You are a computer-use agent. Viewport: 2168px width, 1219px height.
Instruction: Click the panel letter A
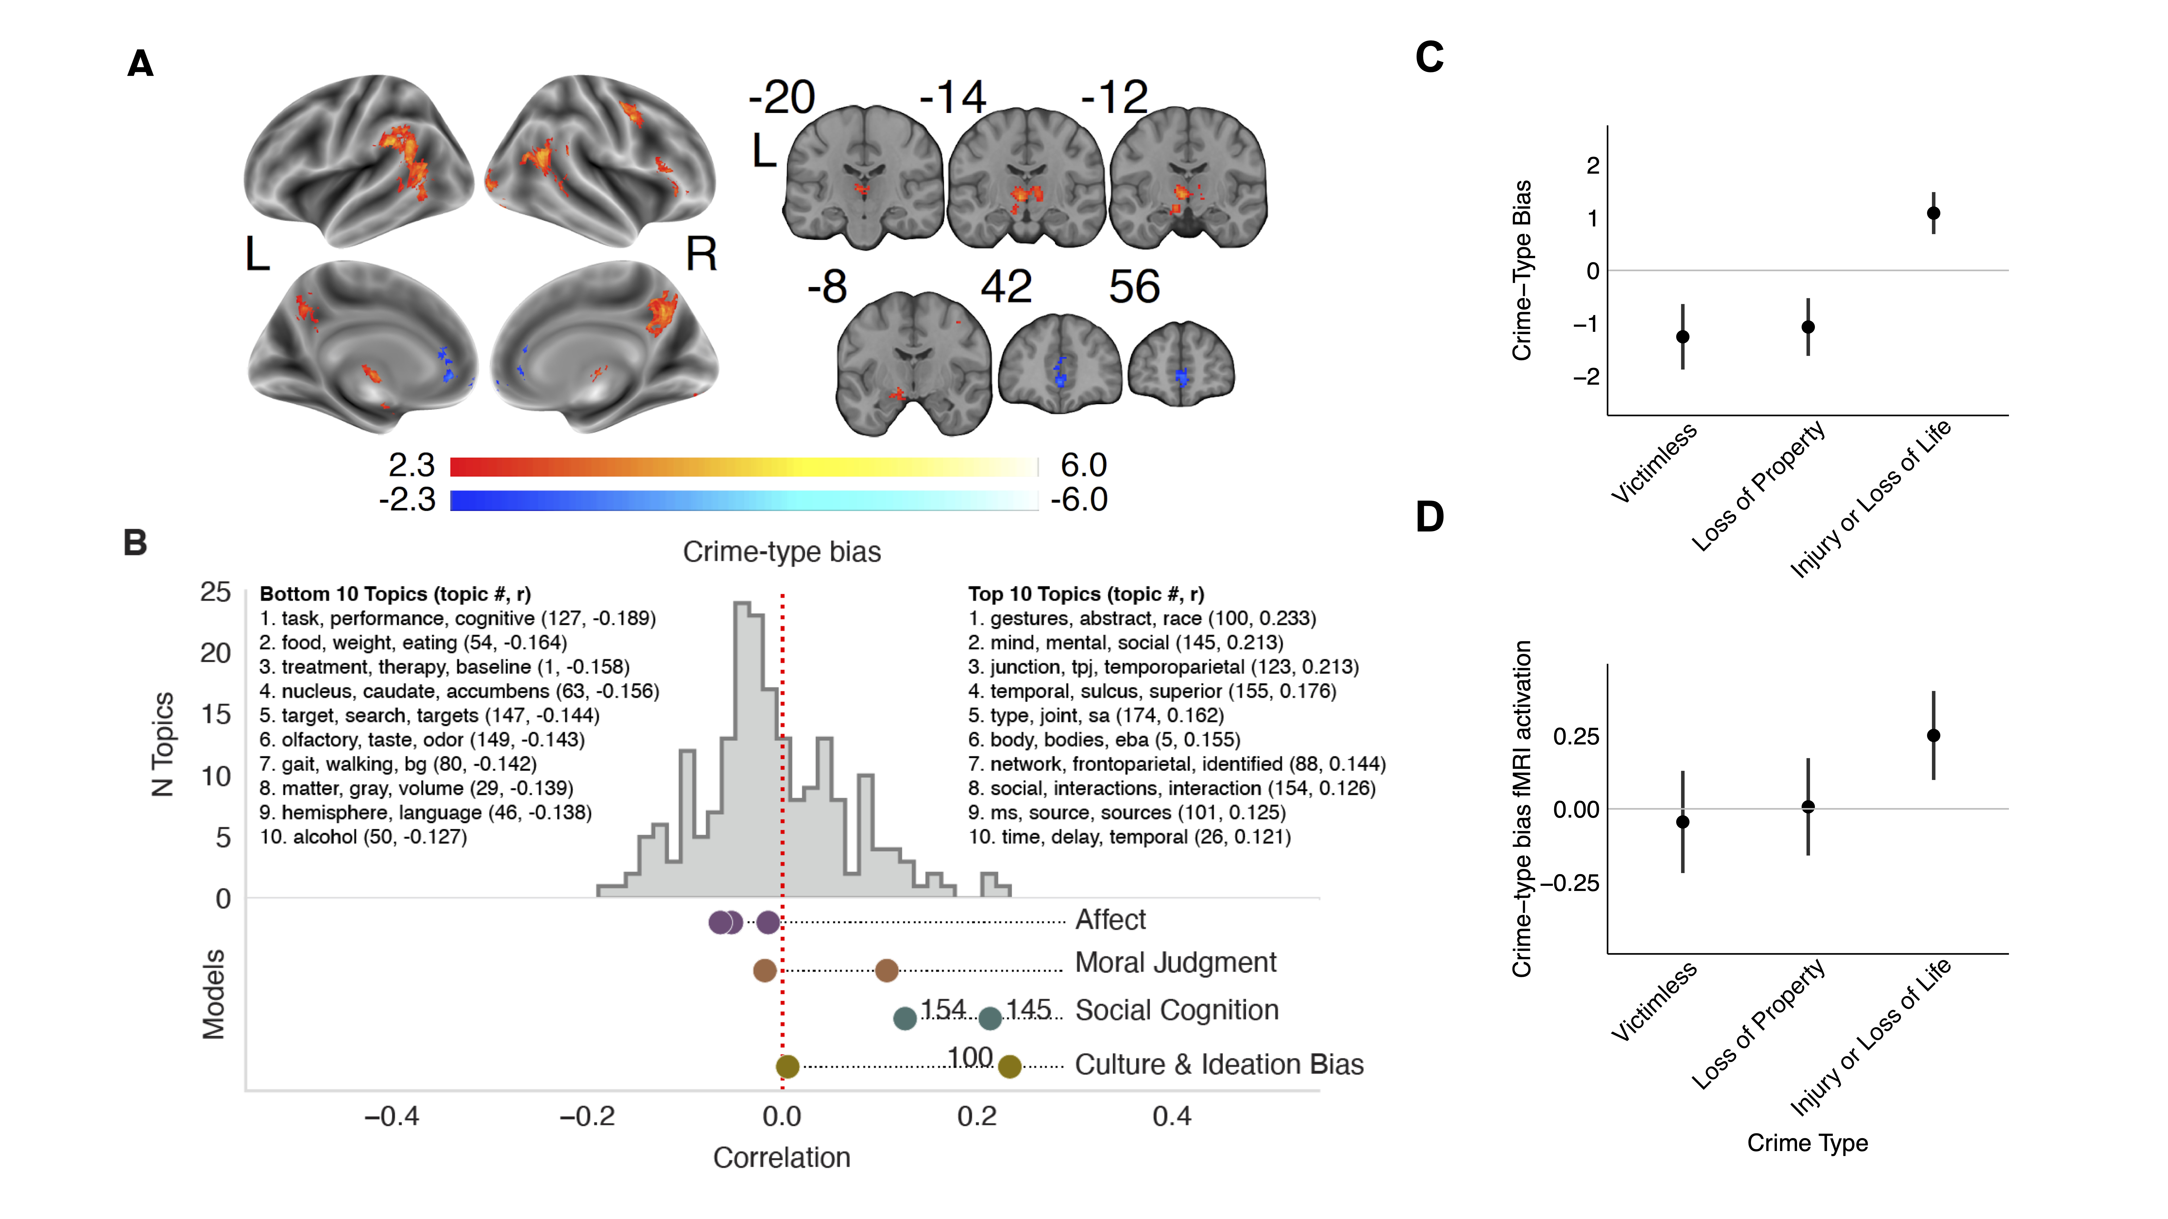pyautogui.click(x=140, y=63)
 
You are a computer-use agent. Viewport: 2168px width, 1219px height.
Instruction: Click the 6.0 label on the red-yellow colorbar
pyautogui.click(x=1083, y=464)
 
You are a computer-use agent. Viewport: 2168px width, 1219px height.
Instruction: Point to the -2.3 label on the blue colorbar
pyautogui.click(x=407, y=500)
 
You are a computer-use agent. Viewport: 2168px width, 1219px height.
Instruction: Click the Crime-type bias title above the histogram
pyautogui.click(x=782, y=552)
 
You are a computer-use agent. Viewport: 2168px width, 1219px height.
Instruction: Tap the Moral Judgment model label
pyautogui.click(x=1176, y=962)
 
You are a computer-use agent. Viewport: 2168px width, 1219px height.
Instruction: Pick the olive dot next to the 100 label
pyautogui.click(x=1010, y=1067)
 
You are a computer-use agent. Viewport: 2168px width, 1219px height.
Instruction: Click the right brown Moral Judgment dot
pyautogui.click(x=886, y=971)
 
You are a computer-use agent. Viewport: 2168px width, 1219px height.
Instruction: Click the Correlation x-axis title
pyautogui.click(x=782, y=1158)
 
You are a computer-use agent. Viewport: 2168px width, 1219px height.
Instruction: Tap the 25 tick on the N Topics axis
pyautogui.click(x=215, y=592)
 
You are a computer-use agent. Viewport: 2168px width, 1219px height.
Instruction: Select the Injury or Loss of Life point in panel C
pyautogui.click(x=1933, y=213)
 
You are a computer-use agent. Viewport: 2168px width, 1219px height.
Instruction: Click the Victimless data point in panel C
pyautogui.click(x=1682, y=336)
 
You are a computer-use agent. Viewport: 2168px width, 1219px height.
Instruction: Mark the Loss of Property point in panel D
pyautogui.click(x=1808, y=807)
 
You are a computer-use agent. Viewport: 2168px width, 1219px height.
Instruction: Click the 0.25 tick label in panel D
pyautogui.click(x=1576, y=737)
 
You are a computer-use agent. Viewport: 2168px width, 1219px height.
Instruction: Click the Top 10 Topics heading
pyautogui.click(x=1086, y=594)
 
